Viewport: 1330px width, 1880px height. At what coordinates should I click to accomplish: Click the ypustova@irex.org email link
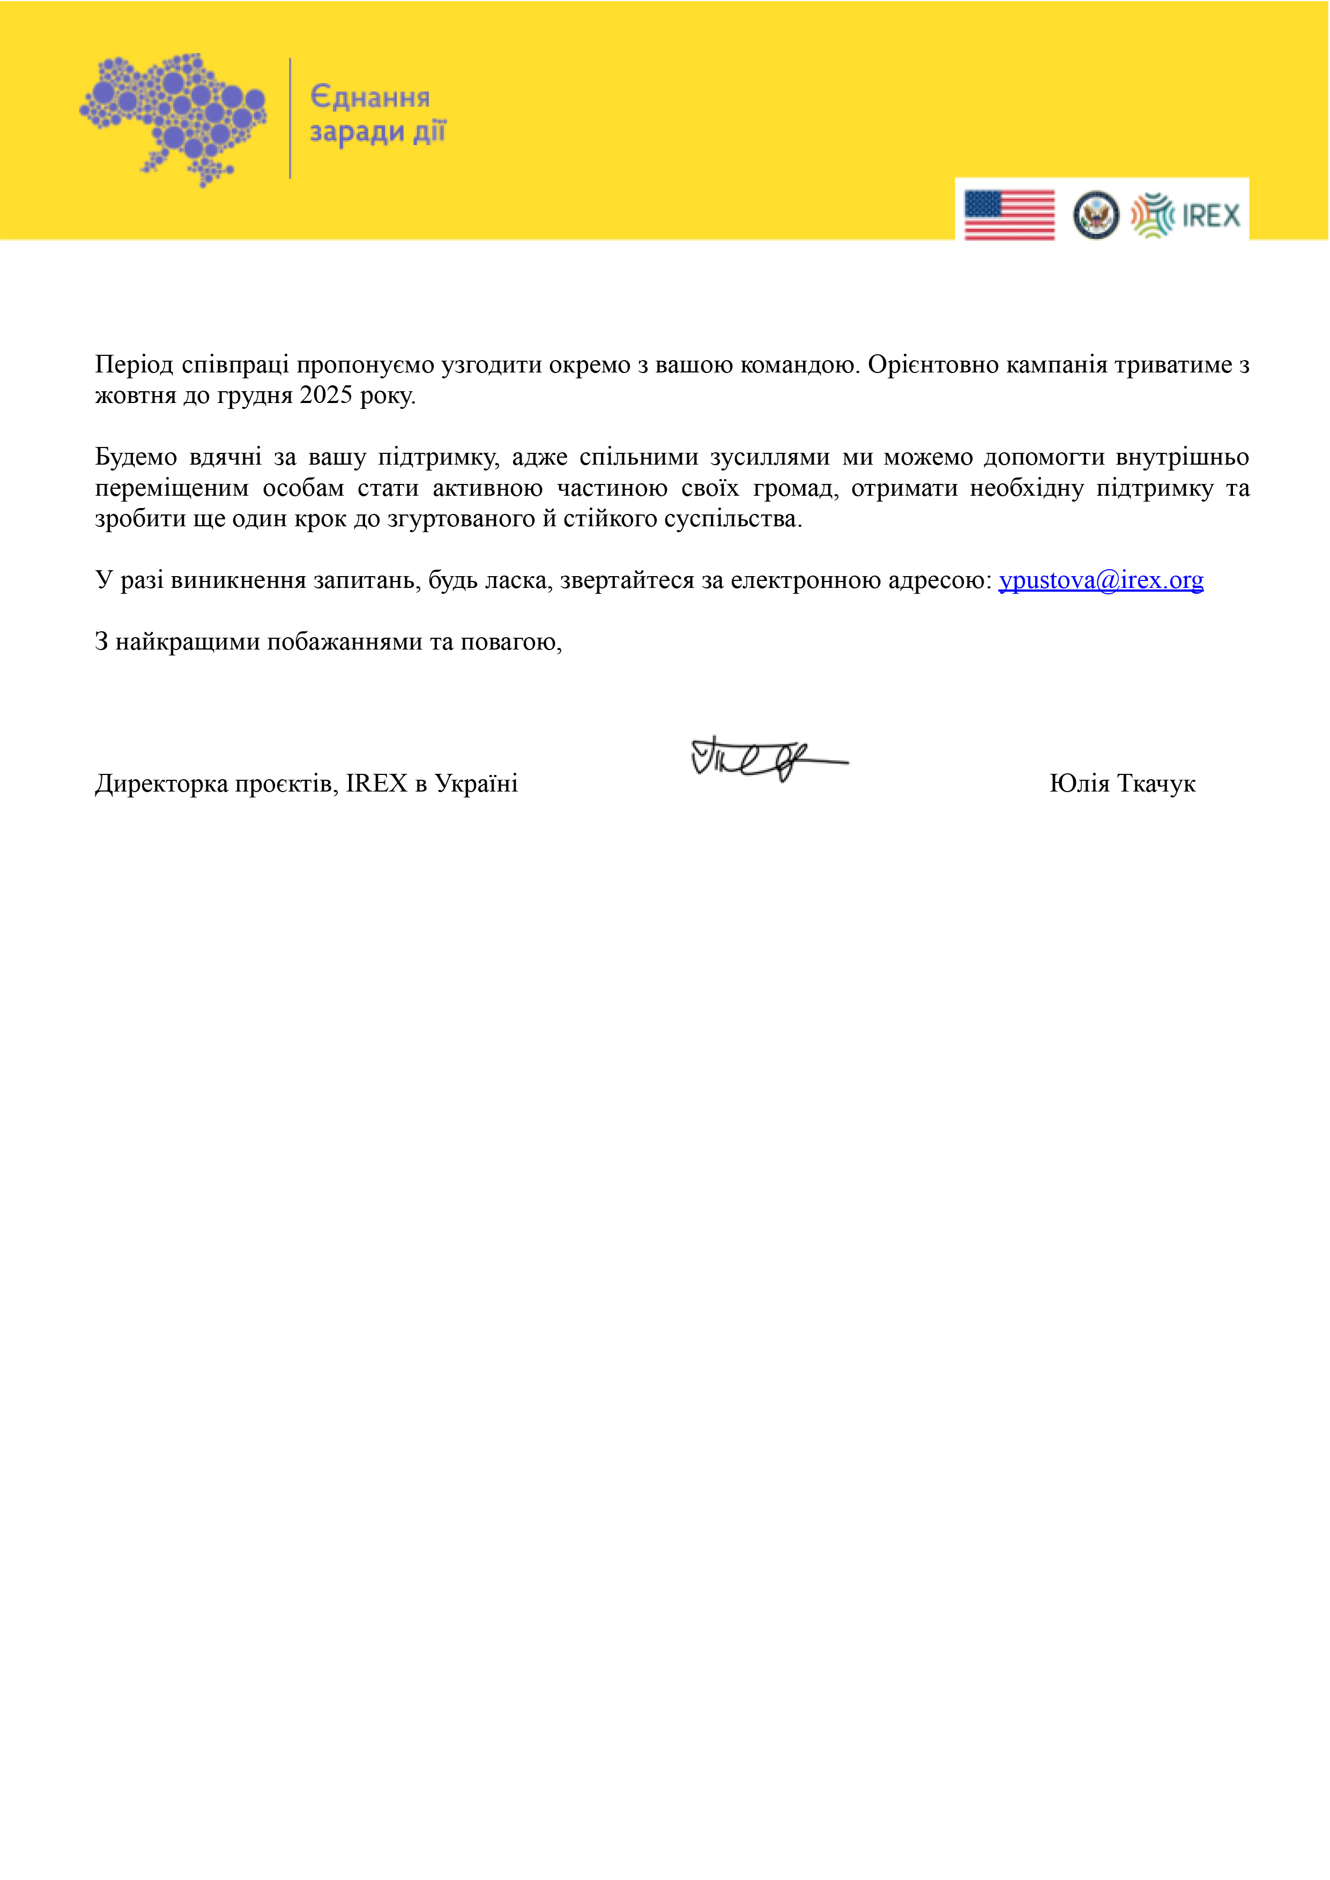coord(1101,580)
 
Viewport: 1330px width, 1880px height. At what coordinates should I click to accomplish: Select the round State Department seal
coord(1096,215)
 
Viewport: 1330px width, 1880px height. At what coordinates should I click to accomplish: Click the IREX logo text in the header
coord(1210,216)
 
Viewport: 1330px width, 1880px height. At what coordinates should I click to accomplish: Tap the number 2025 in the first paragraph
coord(326,396)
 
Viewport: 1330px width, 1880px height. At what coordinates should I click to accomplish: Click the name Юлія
coord(1080,784)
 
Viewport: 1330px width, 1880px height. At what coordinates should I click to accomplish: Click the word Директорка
coord(161,784)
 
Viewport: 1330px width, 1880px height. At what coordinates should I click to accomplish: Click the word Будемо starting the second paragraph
coord(136,457)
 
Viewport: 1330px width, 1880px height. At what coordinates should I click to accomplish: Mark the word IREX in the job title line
coord(376,784)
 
